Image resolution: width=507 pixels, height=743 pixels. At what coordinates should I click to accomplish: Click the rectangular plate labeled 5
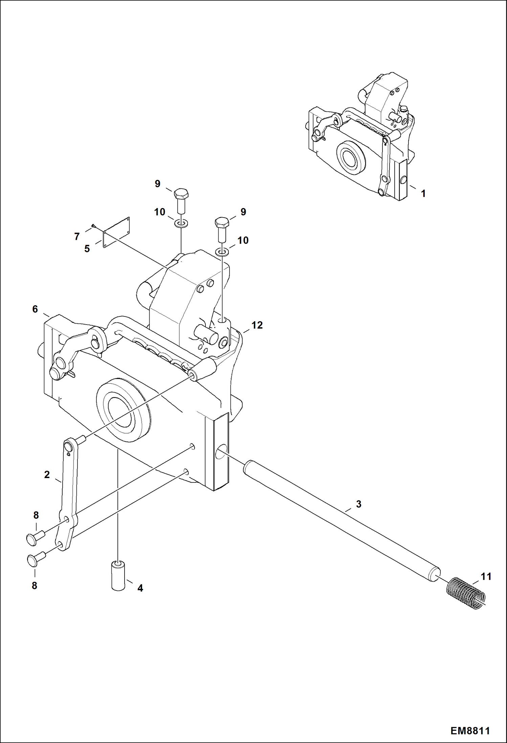tap(116, 232)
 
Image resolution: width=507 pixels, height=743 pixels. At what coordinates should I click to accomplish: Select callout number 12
tap(257, 325)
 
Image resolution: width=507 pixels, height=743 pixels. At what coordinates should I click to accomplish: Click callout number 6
tap(35, 309)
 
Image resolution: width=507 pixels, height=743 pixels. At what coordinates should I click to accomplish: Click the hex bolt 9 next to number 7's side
tap(181, 200)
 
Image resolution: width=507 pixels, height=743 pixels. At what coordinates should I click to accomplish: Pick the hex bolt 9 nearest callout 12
tap(222, 229)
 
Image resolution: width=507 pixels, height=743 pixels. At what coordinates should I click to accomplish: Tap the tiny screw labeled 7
tap(94, 226)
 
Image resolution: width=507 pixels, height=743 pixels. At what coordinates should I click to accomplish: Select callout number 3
tap(358, 504)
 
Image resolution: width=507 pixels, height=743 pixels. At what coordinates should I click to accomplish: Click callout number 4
tap(140, 588)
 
